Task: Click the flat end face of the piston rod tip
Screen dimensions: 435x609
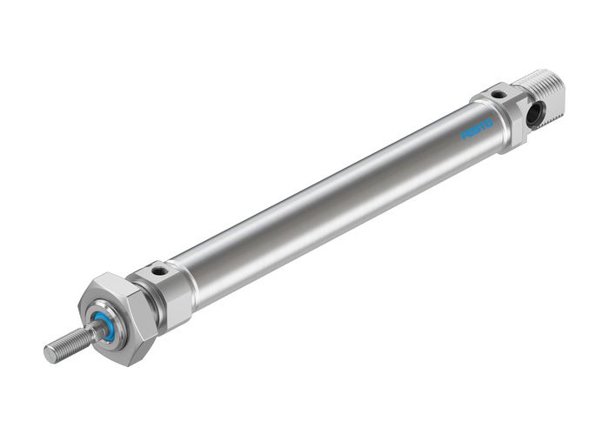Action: coord(50,353)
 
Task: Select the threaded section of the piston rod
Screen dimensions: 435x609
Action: coord(70,343)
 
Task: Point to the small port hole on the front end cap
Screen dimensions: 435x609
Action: coord(157,271)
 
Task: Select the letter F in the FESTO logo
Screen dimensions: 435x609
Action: coord(465,136)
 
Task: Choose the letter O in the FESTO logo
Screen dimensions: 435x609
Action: coord(489,122)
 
